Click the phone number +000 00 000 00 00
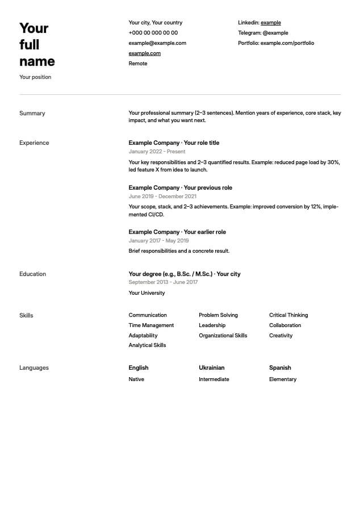(153, 33)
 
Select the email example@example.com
(157, 43)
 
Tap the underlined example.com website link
(144, 53)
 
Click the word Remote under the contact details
(138, 64)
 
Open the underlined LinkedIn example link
(271, 23)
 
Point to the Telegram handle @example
(275, 33)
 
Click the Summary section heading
(32, 114)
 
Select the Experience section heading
(34, 143)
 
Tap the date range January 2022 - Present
(157, 152)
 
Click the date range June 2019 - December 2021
(162, 197)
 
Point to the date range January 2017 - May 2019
(159, 241)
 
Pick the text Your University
(146, 293)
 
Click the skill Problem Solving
(218, 315)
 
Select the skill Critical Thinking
(288, 315)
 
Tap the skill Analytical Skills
(147, 345)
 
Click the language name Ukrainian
(211, 368)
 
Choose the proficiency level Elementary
(283, 379)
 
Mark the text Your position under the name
(35, 77)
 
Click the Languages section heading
(34, 368)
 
